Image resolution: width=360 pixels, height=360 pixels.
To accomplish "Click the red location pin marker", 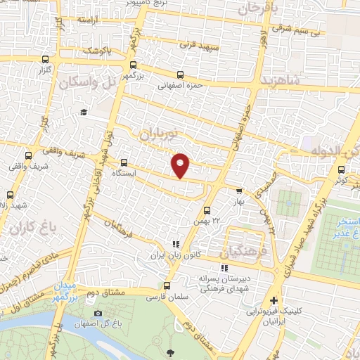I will point(181,165).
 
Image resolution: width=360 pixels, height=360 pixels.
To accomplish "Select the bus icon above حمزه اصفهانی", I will point(181,75).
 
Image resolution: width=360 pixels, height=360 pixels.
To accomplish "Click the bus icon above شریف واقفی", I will point(28,155).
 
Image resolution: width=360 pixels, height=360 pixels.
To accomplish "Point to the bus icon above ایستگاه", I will point(124,162).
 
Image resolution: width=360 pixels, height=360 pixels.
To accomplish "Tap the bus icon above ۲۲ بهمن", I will point(207,210).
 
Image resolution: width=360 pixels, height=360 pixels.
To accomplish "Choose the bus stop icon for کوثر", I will point(341,169).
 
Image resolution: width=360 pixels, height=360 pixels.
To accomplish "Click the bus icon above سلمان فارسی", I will point(167,285).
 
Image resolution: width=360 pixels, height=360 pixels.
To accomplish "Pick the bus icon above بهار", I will point(239,190).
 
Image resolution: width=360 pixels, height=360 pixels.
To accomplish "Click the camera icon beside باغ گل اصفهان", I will point(98,313).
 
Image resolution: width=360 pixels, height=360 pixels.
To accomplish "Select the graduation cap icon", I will point(84,112).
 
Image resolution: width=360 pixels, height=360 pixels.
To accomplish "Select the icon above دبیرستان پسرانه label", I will point(224,268).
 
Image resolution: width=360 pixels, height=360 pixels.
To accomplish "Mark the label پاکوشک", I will point(96,51).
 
